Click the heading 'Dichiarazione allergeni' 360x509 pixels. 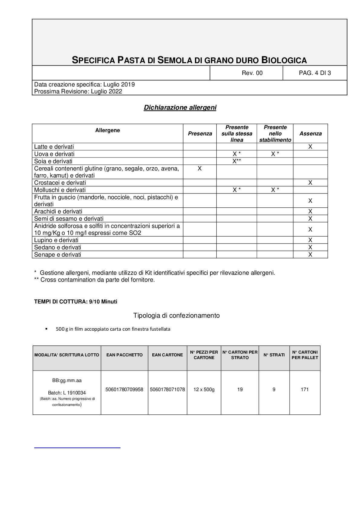coord(180,108)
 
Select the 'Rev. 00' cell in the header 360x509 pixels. coord(252,73)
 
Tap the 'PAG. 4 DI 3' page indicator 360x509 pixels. coord(315,73)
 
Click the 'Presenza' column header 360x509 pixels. coord(200,134)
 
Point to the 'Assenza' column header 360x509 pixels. coord(310,134)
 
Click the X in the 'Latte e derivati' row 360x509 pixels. coord(310,147)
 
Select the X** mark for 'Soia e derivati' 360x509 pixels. coord(237,161)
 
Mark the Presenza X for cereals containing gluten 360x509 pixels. coord(199,168)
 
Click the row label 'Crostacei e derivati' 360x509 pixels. coord(60,183)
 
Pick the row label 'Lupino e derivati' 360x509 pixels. coord(56,240)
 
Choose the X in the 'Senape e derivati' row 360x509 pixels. coord(310,254)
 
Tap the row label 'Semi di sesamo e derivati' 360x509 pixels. coord(69,219)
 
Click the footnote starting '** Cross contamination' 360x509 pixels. coord(94,280)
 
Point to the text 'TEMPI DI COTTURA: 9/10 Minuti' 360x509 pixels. coord(76,302)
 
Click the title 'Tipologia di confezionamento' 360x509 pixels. coord(177,316)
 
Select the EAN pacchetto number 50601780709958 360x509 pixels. coord(124,389)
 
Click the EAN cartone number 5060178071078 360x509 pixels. coord(167,389)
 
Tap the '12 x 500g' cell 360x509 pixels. coord(204,389)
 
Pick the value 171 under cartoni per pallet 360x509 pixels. coord(305,389)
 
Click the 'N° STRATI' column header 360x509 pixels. coord(274,355)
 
